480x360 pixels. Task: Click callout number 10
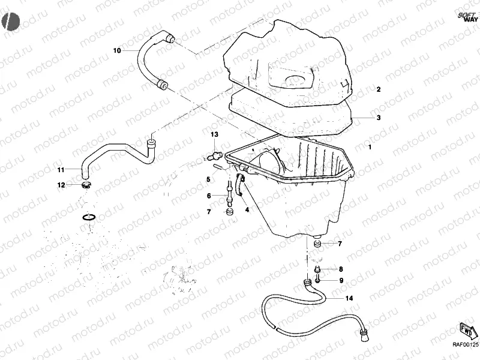[x=117, y=50]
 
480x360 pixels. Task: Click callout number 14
[x=349, y=298]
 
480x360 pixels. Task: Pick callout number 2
[x=379, y=89]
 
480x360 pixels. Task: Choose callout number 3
[x=379, y=118]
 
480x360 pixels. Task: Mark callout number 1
[x=370, y=146]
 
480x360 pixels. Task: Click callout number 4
[x=246, y=209]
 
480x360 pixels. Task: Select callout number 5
[x=208, y=179]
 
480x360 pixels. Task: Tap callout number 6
[x=209, y=196]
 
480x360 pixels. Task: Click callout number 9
[x=341, y=280]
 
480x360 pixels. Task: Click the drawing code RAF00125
[x=465, y=345]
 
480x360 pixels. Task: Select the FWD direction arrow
[x=467, y=329]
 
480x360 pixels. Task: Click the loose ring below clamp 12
[x=88, y=217]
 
